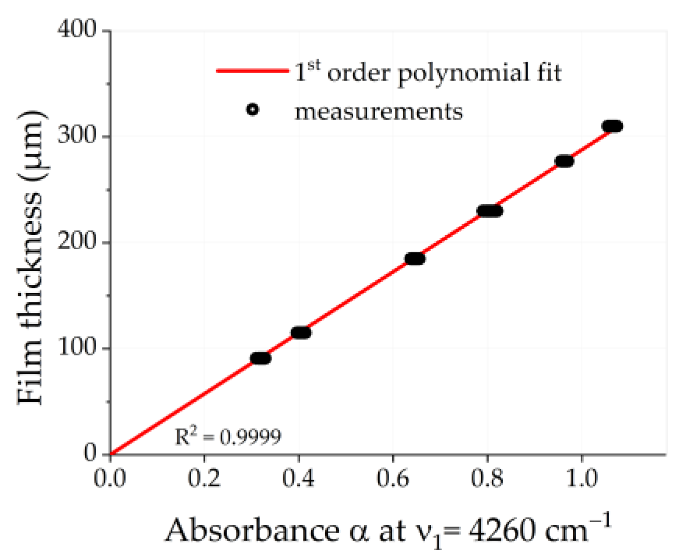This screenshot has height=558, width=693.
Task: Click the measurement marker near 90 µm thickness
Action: point(260,358)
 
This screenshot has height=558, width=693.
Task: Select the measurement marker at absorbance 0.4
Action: point(301,333)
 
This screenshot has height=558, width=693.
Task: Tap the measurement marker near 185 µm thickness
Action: point(415,258)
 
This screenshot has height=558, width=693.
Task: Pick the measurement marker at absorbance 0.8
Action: point(489,211)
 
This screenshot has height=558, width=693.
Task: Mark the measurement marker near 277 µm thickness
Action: point(564,161)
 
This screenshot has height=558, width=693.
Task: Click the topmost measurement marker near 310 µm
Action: point(612,126)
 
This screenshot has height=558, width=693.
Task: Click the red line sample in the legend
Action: point(252,71)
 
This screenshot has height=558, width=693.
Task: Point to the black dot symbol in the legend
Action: point(252,110)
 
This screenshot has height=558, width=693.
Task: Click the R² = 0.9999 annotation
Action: point(228,437)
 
